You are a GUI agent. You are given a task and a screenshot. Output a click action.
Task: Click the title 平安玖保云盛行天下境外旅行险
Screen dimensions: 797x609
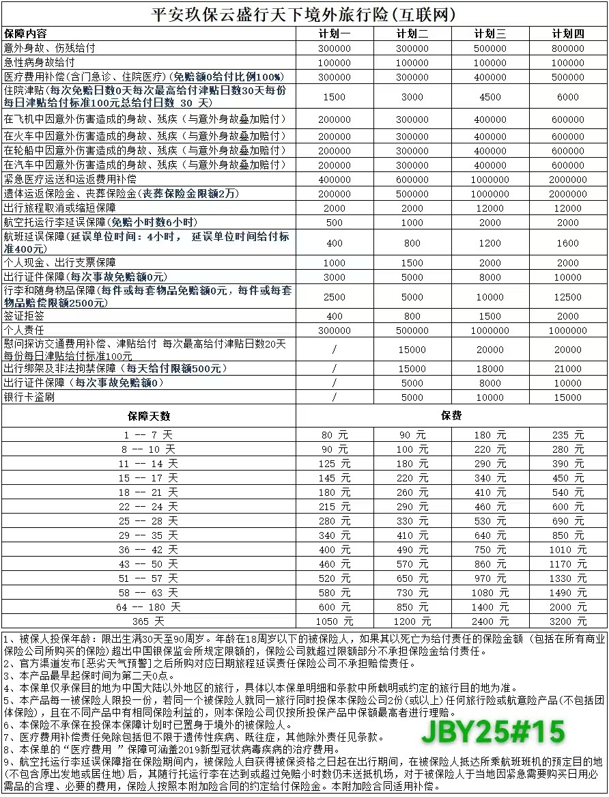coord(304,14)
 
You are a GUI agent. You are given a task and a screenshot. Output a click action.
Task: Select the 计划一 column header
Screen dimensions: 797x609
coord(335,34)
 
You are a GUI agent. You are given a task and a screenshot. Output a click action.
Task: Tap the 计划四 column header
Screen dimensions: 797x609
coord(568,34)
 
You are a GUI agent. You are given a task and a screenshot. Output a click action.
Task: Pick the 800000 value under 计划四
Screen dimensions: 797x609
coord(568,48)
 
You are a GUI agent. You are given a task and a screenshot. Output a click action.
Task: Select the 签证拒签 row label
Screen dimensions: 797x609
coord(21,316)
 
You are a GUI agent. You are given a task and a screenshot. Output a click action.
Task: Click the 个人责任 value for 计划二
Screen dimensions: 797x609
coord(412,331)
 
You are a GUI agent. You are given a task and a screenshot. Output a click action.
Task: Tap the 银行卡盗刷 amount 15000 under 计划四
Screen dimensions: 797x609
coord(568,397)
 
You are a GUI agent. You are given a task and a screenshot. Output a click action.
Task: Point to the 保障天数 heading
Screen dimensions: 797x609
coord(149,416)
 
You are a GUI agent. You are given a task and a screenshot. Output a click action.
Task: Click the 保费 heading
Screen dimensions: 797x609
coord(451,416)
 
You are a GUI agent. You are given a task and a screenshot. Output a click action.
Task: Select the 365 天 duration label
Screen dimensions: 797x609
coord(149,621)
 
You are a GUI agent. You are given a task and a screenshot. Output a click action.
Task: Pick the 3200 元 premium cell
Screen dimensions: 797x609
coord(568,621)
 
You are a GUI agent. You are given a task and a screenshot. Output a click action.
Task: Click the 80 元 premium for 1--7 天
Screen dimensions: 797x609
coord(335,435)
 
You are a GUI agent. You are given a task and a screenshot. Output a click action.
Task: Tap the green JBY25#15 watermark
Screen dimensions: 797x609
coord(493,732)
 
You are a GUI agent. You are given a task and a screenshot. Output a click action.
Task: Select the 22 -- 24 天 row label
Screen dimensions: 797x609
coord(149,507)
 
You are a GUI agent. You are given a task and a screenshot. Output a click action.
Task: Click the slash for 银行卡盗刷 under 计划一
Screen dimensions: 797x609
coord(335,397)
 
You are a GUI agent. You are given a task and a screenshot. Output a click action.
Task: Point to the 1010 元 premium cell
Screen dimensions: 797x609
coord(568,550)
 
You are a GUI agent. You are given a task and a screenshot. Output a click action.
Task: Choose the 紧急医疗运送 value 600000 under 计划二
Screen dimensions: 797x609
coord(412,179)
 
